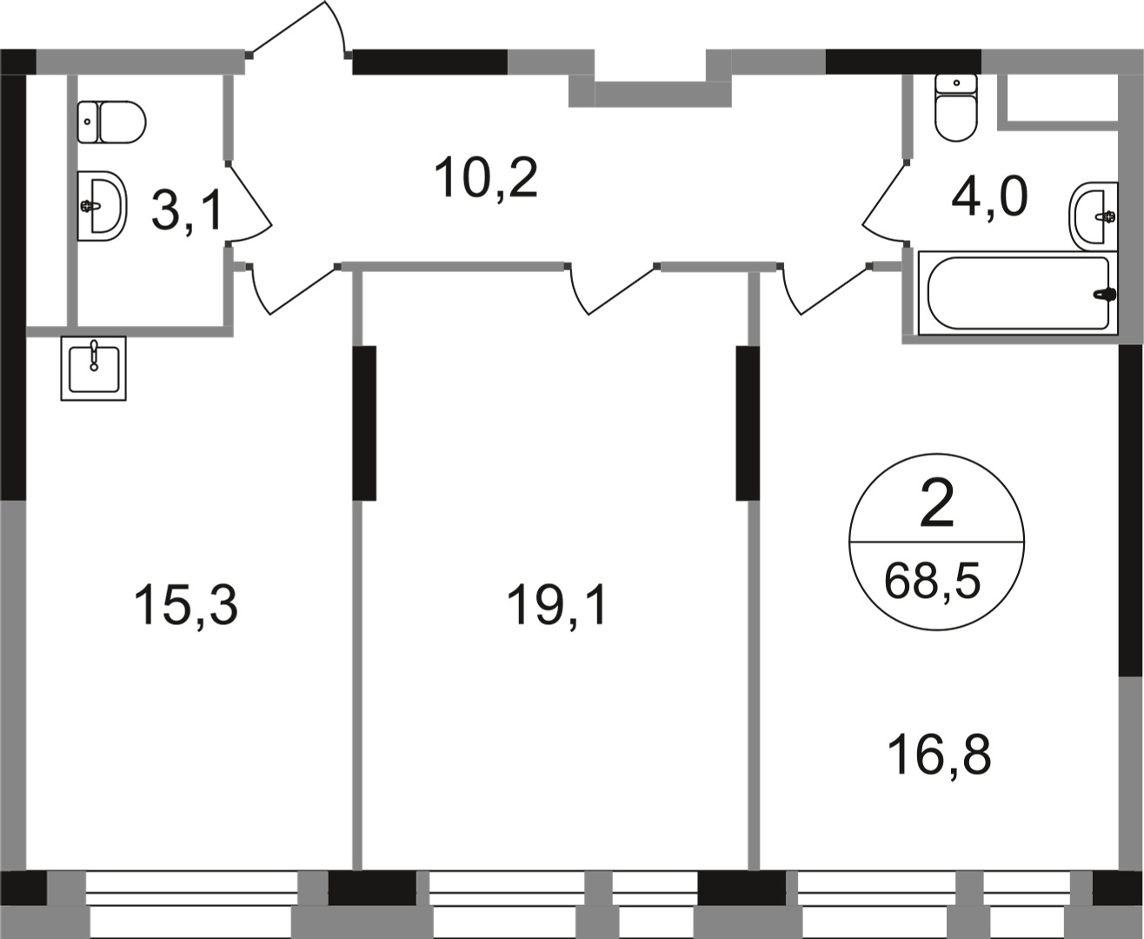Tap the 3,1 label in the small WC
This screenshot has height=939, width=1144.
coord(187,211)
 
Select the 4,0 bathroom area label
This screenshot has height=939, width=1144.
coord(989,197)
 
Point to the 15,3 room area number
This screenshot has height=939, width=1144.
coord(185,605)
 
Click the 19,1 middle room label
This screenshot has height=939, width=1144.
coord(557,605)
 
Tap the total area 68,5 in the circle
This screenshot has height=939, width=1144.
coord(932,580)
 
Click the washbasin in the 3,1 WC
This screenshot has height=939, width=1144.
coord(102,205)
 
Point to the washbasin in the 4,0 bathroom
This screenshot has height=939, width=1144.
coord(1094,216)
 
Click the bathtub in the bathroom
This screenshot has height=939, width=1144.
coord(1017,293)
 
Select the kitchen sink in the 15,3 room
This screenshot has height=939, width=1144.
coord(93,368)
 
